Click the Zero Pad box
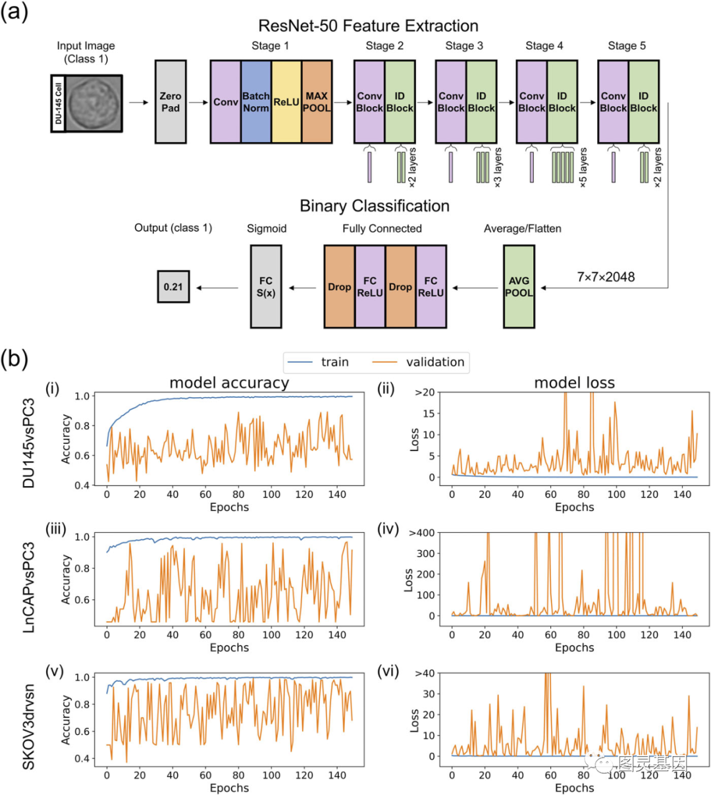(x=171, y=102)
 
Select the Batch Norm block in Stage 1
(x=256, y=102)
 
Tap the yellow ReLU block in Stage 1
(x=286, y=102)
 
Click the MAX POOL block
(x=317, y=102)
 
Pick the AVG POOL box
(x=519, y=287)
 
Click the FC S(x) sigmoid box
(x=266, y=287)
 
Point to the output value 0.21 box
(x=173, y=287)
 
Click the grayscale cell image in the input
(x=93, y=103)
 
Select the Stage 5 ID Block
(x=643, y=102)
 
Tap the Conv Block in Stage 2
(x=369, y=102)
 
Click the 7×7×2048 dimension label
(x=606, y=277)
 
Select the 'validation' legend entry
(x=421, y=362)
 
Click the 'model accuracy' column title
(x=229, y=383)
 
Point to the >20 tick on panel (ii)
(x=425, y=393)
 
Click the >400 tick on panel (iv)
(x=422, y=533)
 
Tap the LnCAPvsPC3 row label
(x=29, y=588)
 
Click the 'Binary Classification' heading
(x=375, y=206)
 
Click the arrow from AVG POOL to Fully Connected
(x=475, y=287)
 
